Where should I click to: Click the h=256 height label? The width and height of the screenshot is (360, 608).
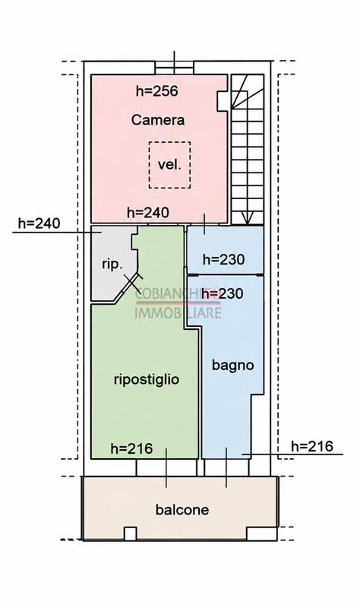pyautogui.click(x=157, y=91)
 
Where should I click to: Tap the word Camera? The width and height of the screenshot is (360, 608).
pyautogui.click(x=158, y=120)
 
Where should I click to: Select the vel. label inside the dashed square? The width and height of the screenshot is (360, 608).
pyautogui.click(x=169, y=164)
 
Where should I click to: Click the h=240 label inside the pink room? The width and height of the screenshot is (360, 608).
pyautogui.click(x=148, y=213)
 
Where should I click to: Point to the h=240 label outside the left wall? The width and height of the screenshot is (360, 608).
pyautogui.click(x=39, y=223)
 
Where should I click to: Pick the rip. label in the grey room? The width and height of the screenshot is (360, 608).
pyautogui.click(x=112, y=264)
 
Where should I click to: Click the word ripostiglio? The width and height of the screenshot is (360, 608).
pyautogui.click(x=147, y=379)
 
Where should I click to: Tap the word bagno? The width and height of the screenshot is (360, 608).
pyautogui.click(x=233, y=366)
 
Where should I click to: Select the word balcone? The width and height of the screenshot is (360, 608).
pyautogui.click(x=182, y=509)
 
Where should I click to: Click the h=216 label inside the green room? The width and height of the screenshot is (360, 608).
pyautogui.click(x=131, y=448)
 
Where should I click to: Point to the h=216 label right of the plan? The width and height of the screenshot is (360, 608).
pyautogui.click(x=312, y=446)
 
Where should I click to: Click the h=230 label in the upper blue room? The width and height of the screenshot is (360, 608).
pyautogui.click(x=223, y=259)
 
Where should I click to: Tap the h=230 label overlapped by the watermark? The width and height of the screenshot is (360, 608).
pyautogui.click(x=223, y=293)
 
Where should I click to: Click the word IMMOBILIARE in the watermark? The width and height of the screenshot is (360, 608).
pyautogui.click(x=178, y=312)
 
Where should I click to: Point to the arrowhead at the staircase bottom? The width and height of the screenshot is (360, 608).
pyautogui.click(x=247, y=218)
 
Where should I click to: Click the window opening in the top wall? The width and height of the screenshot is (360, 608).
pyautogui.click(x=175, y=68)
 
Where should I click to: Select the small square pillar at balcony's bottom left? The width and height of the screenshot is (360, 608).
pyautogui.click(x=130, y=534)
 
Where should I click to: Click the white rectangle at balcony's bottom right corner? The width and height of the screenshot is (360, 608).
pyautogui.click(x=261, y=534)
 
